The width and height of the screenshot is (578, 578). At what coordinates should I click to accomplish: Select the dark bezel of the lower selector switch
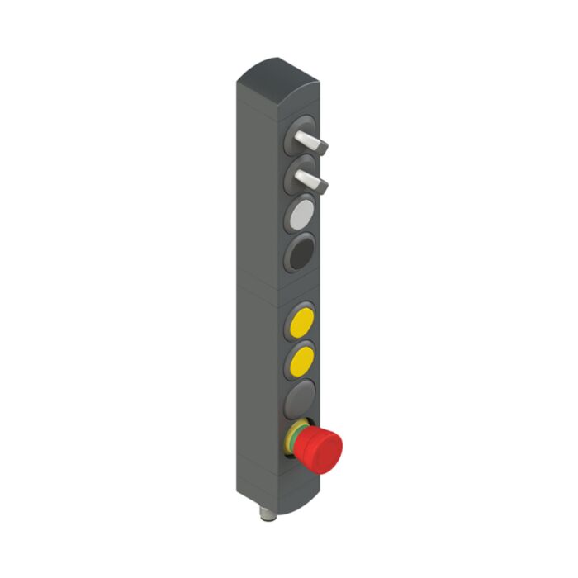click(x=291, y=167)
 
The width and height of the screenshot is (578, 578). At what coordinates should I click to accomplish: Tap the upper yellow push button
click(x=301, y=320)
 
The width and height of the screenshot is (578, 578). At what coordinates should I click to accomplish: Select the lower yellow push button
click(x=301, y=361)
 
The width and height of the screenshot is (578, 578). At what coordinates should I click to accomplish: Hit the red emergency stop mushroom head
click(x=324, y=448)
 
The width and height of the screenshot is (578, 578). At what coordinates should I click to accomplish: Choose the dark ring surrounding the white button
click(x=289, y=221)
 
